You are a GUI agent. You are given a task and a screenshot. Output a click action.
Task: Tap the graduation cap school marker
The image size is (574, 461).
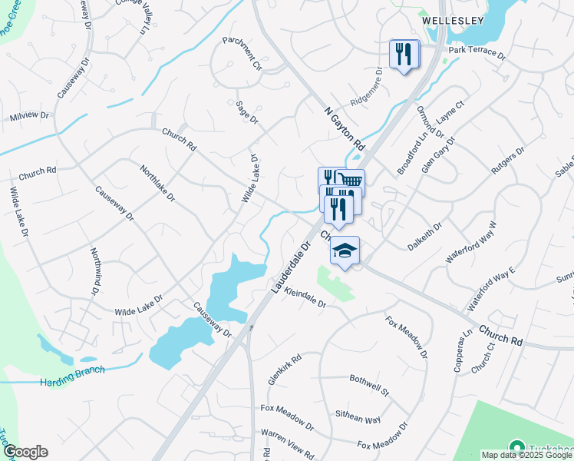[x=345, y=250]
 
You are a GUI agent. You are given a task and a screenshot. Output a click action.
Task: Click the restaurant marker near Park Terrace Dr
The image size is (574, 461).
[x=404, y=54]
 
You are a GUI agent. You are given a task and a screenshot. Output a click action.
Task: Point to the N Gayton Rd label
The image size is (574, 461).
[x=343, y=128]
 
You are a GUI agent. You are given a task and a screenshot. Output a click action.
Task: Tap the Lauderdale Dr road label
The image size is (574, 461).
[x=289, y=267]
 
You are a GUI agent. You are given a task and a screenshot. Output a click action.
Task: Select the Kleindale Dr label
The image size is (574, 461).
[x=305, y=297]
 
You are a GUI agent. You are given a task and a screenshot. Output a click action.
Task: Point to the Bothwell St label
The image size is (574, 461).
[x=370, y=385]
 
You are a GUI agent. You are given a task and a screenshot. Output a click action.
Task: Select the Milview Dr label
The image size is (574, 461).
[x=29, y=116]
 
